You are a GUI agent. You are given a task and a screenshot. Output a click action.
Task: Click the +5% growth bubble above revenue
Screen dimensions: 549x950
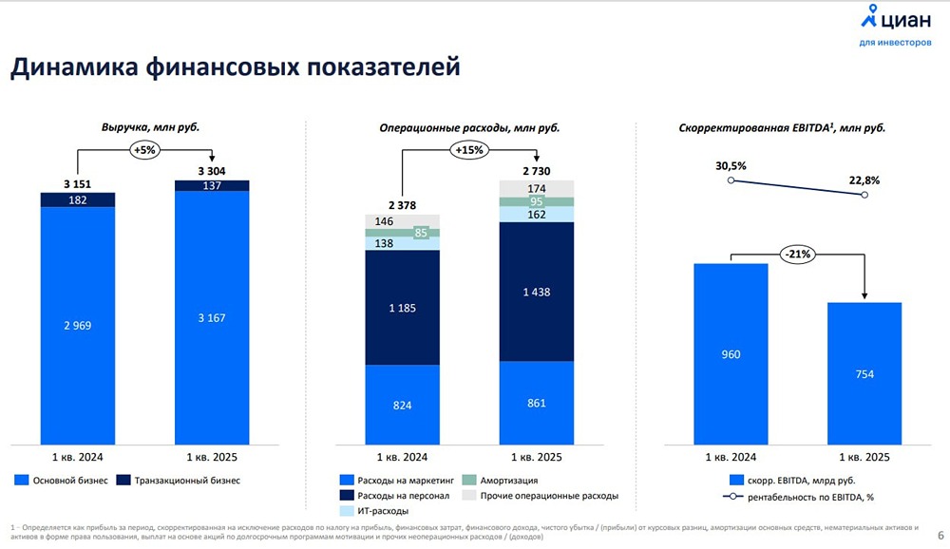tap(144, 149)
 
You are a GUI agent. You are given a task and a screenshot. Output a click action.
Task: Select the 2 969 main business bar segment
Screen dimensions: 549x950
tap(77, 325)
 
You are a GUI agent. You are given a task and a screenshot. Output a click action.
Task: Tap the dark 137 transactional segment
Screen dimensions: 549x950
tap(212, 185)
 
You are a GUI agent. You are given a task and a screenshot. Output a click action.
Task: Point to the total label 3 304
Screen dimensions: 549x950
tap(212, 171)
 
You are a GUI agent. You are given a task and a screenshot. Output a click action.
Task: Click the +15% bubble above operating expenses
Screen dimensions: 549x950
tap(469, 149)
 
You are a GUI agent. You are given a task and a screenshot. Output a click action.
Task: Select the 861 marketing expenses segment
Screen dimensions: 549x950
tap(537, 403)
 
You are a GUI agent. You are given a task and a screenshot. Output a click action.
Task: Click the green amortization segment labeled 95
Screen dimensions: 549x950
tap(537, 201)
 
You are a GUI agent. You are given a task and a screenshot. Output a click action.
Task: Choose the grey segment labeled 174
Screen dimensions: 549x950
tap(537, 188)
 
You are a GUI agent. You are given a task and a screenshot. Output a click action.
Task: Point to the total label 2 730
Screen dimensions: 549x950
tap(537, 170)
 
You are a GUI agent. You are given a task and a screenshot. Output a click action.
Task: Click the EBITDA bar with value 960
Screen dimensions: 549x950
tap(730, 353)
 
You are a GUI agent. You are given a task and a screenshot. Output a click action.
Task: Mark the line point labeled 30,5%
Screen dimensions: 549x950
tap(731, 180)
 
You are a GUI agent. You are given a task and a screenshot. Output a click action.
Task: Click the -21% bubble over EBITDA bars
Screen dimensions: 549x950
tap(796, 254)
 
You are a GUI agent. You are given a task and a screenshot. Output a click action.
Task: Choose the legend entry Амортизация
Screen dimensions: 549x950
tap(507, 481)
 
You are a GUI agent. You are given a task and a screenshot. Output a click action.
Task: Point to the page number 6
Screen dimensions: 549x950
tap(940, 534)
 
